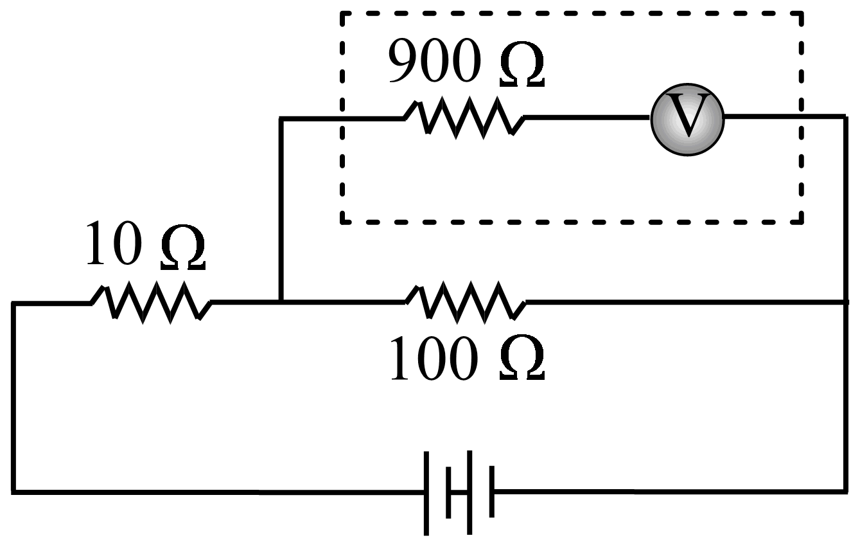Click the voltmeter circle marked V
[687, 119]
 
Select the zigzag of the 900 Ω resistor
[464, 118]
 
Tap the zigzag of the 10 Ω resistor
[152, 301]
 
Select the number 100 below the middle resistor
[434, 359]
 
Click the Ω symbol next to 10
[183, 246]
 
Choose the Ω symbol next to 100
[521, 361]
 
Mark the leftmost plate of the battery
[426, 492]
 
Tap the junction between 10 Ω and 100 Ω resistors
[281, 301]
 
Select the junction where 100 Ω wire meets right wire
[844, 301]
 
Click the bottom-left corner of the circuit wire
[13, 492]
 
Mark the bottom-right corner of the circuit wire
[844, 491]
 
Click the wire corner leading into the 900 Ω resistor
[281, 119]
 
